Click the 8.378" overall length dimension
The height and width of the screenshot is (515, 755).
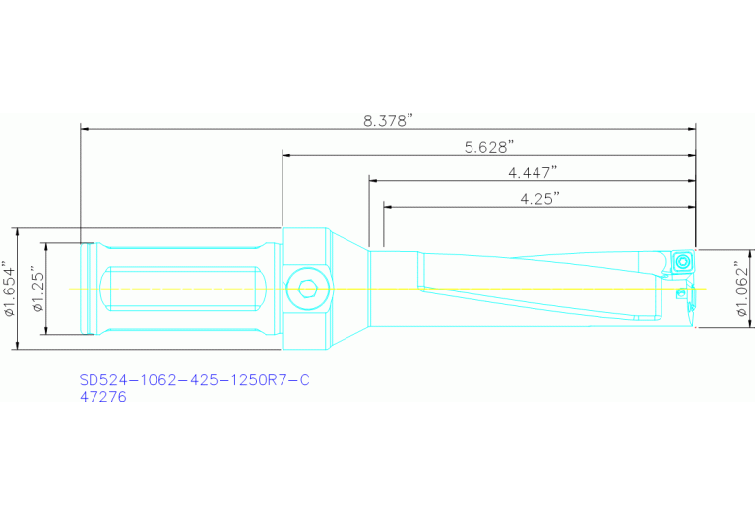(388, 120)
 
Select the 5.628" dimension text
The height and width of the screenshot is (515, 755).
(489, 147)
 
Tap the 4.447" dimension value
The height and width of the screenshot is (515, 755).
(533, 172)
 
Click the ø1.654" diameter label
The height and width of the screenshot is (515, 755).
(11, 289)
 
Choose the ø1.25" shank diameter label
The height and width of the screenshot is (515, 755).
(37, 289)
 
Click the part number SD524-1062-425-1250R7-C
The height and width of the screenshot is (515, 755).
(194, 380)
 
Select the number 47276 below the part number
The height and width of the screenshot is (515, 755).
(103, 397)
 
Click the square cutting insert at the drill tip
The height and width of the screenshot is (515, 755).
(681, 263)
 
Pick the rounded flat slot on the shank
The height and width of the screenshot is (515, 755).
(187, 289)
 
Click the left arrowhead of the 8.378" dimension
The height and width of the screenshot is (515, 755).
(86, 128)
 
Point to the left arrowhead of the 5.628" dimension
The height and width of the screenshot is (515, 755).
(287, 154)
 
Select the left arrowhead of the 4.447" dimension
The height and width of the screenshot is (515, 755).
(374, 180)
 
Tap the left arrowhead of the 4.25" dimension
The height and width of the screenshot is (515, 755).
(388, 206)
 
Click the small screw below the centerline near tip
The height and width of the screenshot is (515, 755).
(681, 293)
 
